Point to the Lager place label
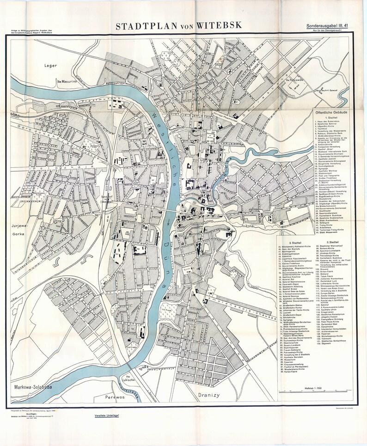(50, 65)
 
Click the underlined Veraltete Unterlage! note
(107, 416)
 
